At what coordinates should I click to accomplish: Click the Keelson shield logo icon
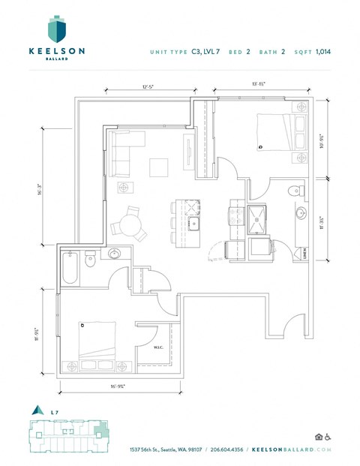click(x=56, y=29)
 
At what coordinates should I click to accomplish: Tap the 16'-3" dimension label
click(x=48, y=191)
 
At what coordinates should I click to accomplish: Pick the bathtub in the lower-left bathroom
click(x=70, y=268)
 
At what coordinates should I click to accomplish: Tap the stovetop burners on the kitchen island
click(x=190, y=207)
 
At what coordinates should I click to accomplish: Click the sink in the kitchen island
click(x=193, y=224)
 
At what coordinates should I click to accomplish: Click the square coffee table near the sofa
click(x=159, y=167)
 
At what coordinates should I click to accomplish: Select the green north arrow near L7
click(x=34, y=410)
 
